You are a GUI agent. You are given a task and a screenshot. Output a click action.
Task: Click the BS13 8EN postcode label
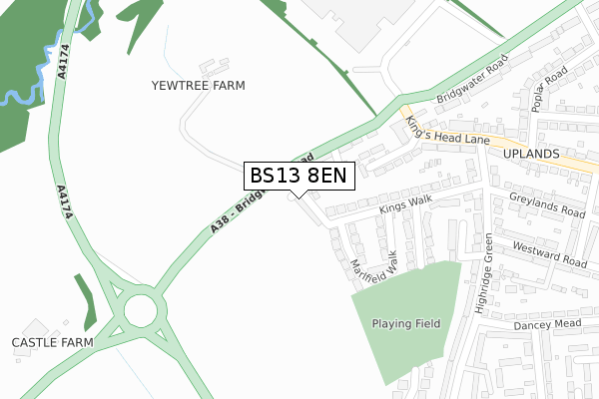click(x=298, y=176)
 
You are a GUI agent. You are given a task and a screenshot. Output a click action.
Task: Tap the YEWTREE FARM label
click(x=198, y=86)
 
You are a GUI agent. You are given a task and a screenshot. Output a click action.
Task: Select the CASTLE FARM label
click(x=52, y=342)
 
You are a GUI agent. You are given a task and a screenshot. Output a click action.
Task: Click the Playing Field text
click(x=406, y=323)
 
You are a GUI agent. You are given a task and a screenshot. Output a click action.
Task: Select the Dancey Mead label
click(x=546, y=325)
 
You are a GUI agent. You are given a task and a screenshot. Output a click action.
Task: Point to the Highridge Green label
click(x=484, y=274)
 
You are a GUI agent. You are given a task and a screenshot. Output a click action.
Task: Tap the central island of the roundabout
click(x=140, y=311)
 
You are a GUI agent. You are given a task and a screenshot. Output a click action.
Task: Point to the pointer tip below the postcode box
click(x=298, y=197)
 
